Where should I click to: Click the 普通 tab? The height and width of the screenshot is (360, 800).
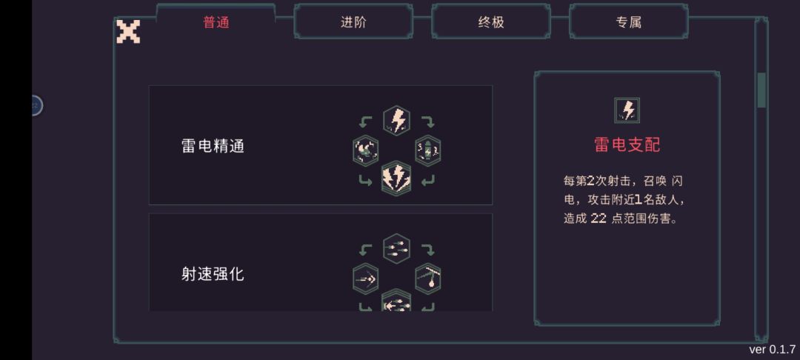click(216, 22)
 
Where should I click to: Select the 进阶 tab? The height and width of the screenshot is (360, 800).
click(353, 22)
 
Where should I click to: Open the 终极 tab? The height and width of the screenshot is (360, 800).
click(491, 22)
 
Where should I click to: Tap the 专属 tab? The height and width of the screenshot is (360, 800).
click(629, 22)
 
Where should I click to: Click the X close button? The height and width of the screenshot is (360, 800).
click(128, 31)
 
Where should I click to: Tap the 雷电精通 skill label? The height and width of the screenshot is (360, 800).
click(213, 147)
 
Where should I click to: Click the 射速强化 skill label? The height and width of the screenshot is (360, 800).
click(213, 274)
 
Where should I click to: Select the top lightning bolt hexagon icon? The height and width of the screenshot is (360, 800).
click(396, 120)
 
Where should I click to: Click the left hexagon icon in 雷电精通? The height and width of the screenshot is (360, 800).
click(365, 151)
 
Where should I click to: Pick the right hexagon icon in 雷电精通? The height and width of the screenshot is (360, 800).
click(428, 151)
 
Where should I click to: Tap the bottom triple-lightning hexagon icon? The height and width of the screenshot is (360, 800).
click(396, 178)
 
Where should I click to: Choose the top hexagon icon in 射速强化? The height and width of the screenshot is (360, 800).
click(396, 248)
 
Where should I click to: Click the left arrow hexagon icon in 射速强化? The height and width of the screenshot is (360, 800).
click(365, 279)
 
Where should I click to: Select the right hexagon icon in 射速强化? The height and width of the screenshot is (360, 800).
click(428, 279)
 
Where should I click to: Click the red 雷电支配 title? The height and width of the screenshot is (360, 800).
click(627, 145)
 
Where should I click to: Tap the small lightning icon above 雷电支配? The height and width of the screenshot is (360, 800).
click(627, 110)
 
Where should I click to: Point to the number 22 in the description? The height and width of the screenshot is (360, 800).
click(599, 219)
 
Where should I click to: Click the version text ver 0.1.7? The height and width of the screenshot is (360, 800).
click(772, 350)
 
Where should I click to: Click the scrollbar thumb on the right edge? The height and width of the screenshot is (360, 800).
click(761, 90)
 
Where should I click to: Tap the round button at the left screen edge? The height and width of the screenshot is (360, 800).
click(36, 105)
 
